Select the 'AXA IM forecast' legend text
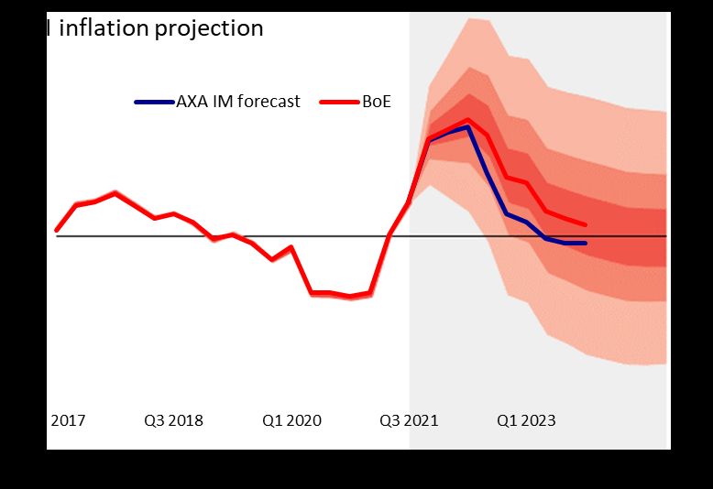click(237, 102)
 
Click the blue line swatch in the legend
click(153, 102)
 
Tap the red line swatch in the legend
click(338, 102)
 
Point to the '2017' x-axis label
click(67, 421)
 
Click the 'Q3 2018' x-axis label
click(173, 421)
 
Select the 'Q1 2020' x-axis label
click(292, 421)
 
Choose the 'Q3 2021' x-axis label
click(410, 421)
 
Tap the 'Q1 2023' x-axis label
click(526, 421)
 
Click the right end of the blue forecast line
click(585, 243)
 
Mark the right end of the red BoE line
click(585, 225)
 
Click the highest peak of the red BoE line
click(468, 120)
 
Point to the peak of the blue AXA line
click(467, 127)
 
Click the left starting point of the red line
click(57, 230)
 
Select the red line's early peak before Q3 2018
click(115, 193)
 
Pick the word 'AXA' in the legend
click(191, 102)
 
